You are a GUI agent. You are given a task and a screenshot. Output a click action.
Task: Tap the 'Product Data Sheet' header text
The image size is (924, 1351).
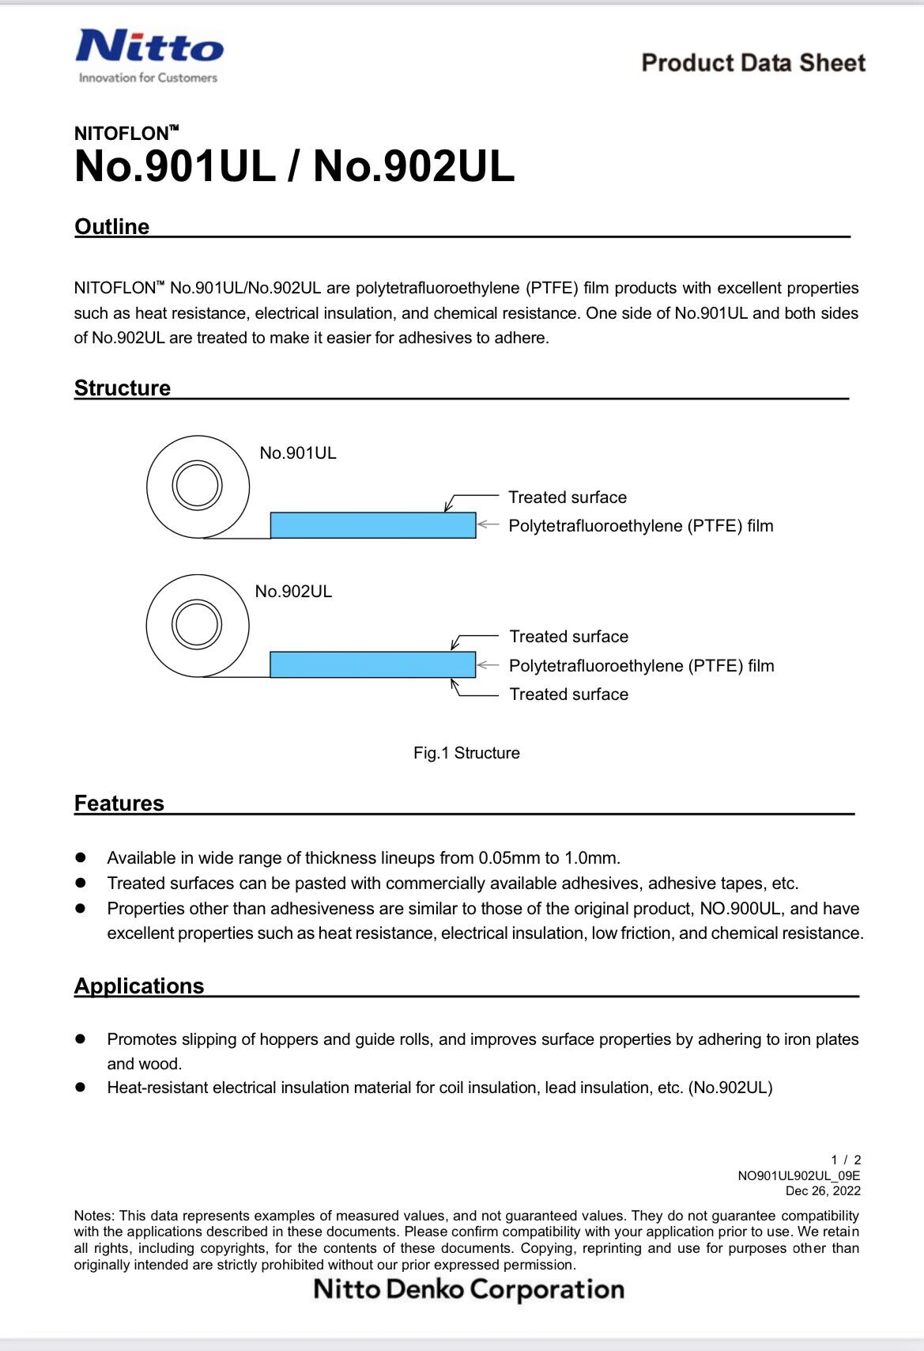coord(752,63)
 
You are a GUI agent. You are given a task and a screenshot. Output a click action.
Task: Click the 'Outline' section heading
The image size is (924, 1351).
coord(111,227)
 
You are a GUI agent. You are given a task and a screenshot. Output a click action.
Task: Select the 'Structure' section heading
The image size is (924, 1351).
coord(123,388)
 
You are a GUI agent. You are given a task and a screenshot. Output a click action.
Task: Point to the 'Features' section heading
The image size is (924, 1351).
coord(119,804)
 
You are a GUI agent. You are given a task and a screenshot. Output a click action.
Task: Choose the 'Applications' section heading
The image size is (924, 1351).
coord(139,986)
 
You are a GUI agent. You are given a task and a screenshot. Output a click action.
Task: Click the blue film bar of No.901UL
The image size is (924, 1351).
coord(373,526)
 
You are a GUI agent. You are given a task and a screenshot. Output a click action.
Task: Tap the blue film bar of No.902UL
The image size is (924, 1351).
coord(373,664)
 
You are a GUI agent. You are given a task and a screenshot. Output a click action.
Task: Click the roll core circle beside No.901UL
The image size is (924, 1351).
coord(197,486)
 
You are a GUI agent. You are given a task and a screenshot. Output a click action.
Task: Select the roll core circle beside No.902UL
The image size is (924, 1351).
coord(197,624)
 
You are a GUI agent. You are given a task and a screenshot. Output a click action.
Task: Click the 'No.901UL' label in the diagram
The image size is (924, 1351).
coord(298,453)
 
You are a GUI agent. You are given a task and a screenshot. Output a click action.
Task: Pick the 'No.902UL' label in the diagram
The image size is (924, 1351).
coord(293,592)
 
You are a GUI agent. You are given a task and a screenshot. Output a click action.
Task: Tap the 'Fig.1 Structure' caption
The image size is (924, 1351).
coord(466,753)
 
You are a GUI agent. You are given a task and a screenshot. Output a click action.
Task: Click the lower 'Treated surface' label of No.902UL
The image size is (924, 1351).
coord(569,694)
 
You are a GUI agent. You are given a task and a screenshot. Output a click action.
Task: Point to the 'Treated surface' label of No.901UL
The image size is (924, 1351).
coord(568,498)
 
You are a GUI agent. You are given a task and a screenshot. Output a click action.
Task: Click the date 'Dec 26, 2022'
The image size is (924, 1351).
coord(823,1191)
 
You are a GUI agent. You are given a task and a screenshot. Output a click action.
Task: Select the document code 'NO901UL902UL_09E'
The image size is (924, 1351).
coord(799,1176)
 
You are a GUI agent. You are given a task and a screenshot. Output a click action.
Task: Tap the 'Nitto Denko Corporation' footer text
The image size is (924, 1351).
coord(469,1289)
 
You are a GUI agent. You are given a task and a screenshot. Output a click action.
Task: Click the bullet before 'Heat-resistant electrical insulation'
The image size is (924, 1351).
coord(80,1088)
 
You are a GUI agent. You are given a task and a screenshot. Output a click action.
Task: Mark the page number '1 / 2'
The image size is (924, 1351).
coord(846,1160)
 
